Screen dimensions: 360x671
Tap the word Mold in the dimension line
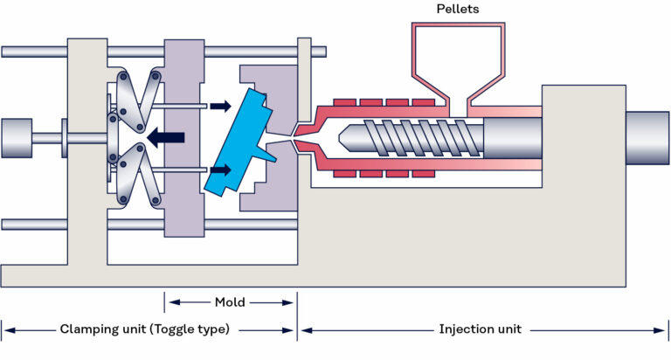pyautogui.click(x=230, y=302)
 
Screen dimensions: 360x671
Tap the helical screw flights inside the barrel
pyautogui.click(x=411, y=138)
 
